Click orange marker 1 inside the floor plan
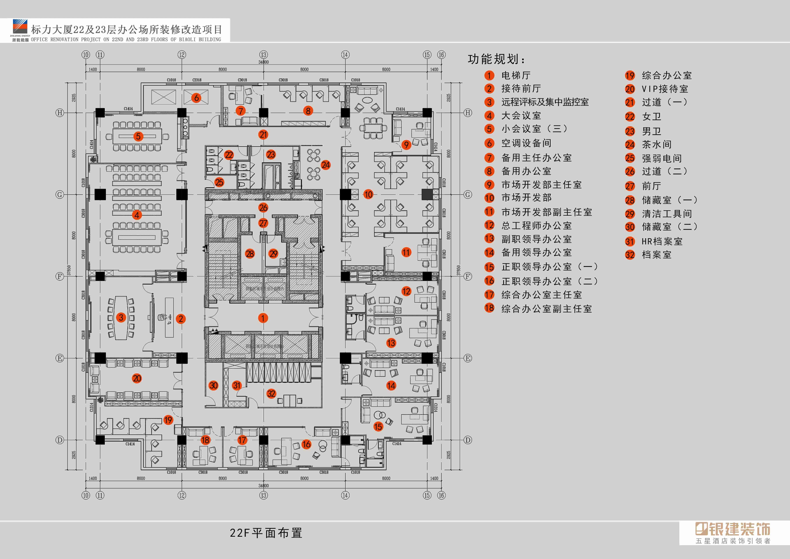tap(263, 318)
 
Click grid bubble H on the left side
tap(60, 113)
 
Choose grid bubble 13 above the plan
tap(264, 55)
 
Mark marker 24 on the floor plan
tap(325, 165)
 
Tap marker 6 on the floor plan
tap(197, 98)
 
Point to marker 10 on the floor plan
tap(368, 194)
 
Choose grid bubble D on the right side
tap(468, 440)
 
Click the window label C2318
tap(197, 80)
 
